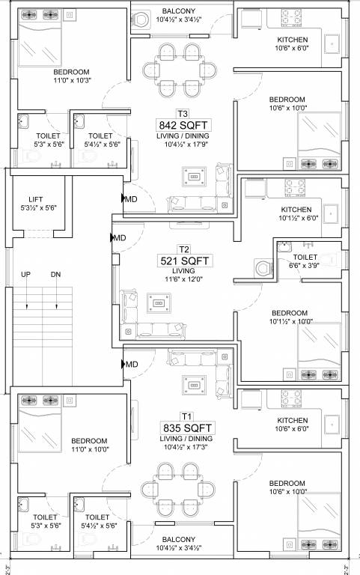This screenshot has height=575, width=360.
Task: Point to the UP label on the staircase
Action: coord(26,274)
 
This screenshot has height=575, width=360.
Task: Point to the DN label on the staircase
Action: coord(55,274)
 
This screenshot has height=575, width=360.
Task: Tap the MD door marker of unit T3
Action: coord(130,199)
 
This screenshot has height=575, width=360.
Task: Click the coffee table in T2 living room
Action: coord(159,303)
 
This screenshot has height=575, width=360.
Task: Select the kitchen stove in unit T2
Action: coord(291,188)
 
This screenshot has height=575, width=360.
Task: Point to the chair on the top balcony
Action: coord(141,22)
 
